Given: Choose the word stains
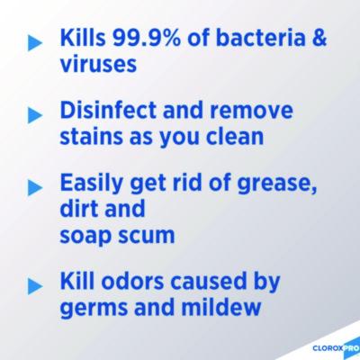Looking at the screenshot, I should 94,139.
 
